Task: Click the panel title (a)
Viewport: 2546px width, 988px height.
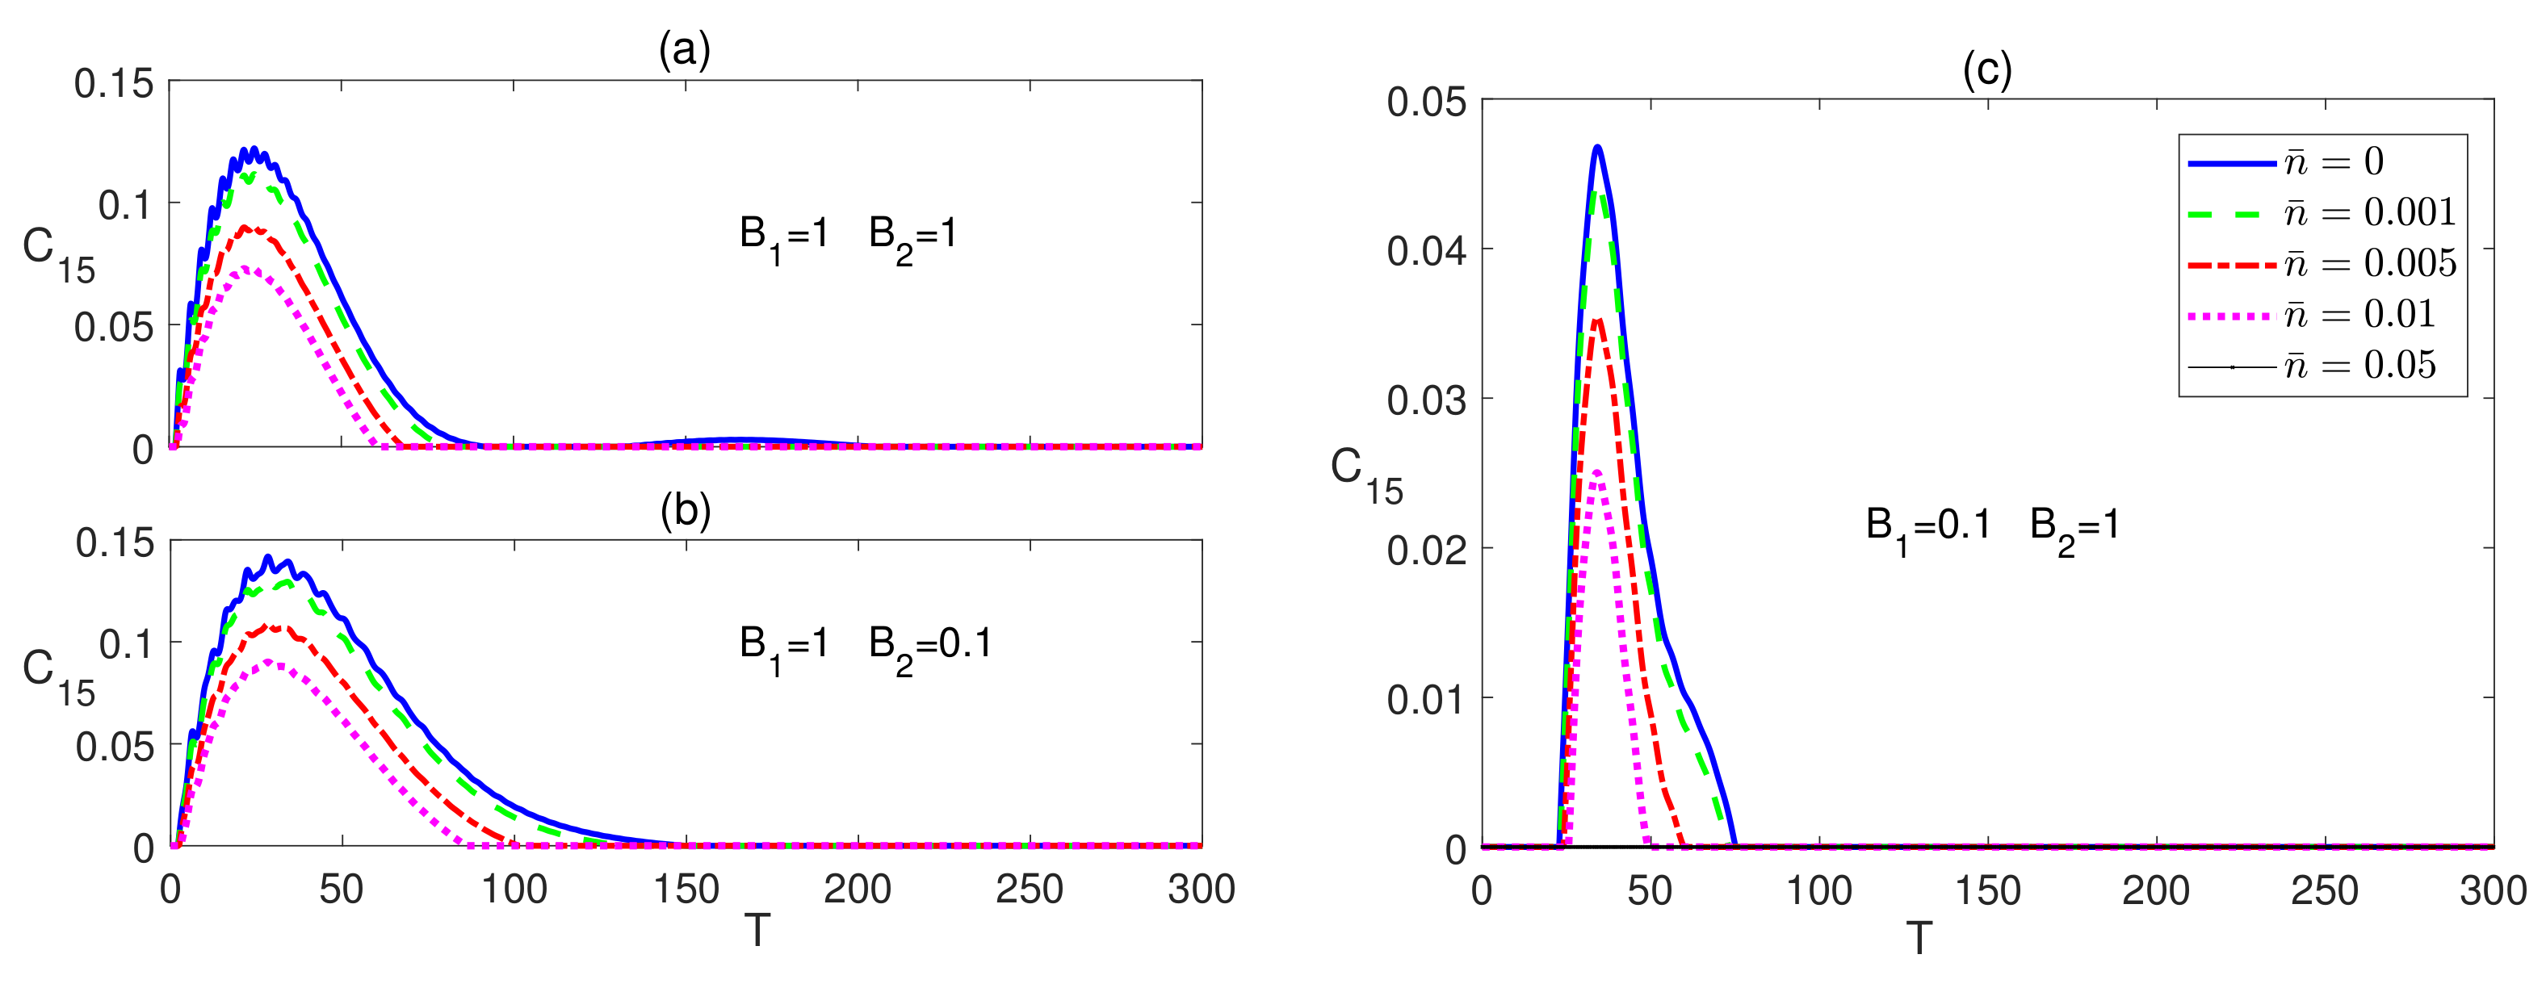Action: click(685, 49)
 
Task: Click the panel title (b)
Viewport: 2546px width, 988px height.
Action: click(685, 510)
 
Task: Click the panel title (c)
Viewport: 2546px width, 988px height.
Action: click(1986, 70)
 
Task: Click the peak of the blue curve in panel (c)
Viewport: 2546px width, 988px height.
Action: click(1597, 147)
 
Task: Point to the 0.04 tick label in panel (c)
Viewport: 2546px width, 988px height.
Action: click(1426, 251)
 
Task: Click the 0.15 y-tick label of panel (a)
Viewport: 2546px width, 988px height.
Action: click(114, 84)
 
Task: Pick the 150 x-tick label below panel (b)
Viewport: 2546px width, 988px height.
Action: click(686, 890)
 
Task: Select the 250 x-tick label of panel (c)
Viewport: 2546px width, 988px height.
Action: click(2325, 891)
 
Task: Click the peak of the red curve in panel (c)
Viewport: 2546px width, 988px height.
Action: click(1597, 319)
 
